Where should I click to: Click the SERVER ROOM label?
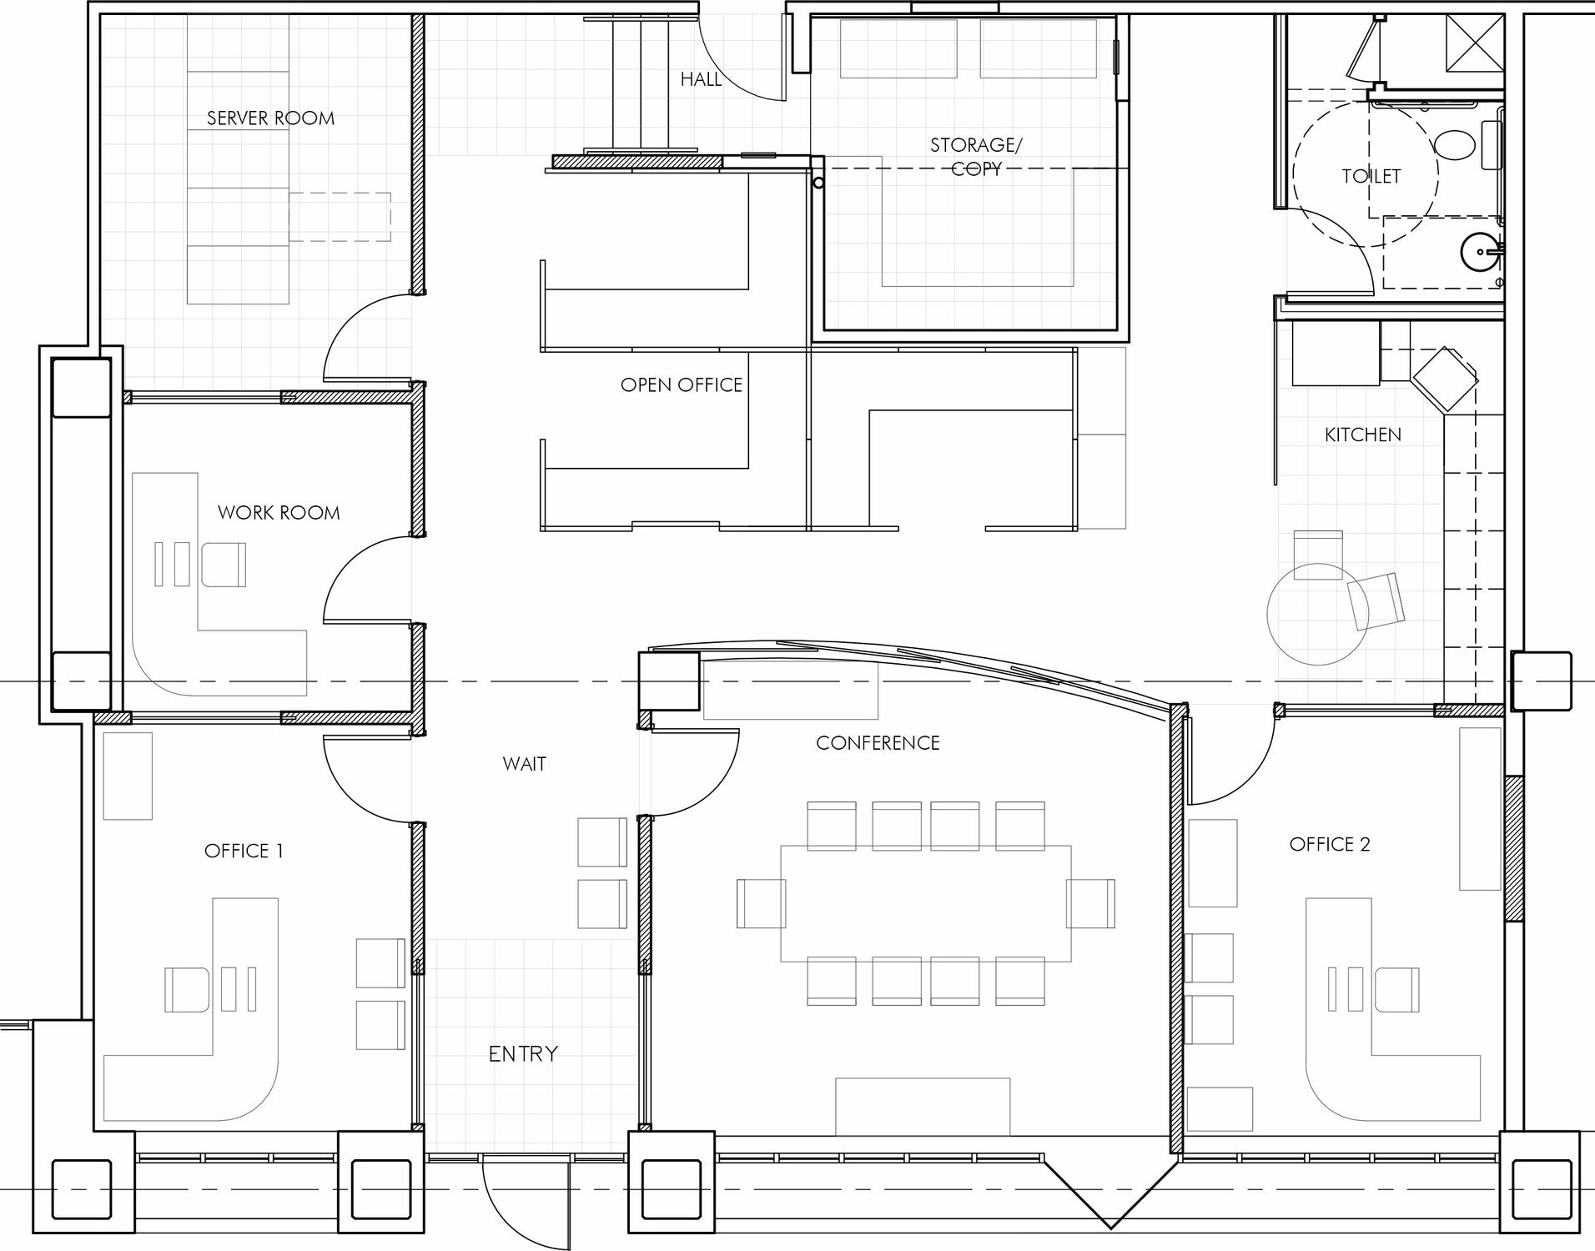(x=270, y=118)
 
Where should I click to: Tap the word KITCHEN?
(x=1363, y=435)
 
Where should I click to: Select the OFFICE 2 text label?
(x=1330, y=845)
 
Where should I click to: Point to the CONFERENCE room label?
(x=878, y=743)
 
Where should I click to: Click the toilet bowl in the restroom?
(x=1456, y=146)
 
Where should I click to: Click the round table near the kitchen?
(x=1318, y=614)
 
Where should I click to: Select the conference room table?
(x=926, y=903)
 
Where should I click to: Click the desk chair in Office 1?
(x=188, y=989)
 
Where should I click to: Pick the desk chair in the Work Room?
(x=224, y=564)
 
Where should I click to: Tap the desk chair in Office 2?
(x=1396, y=989)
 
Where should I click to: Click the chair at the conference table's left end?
(x=761, y=903)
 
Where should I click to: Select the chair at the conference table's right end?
(x=1090, y=903)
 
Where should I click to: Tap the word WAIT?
(x=525, y=764)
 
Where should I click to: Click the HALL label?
(x=701, y=79)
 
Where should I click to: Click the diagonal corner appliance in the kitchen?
(x=1444, y=379)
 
